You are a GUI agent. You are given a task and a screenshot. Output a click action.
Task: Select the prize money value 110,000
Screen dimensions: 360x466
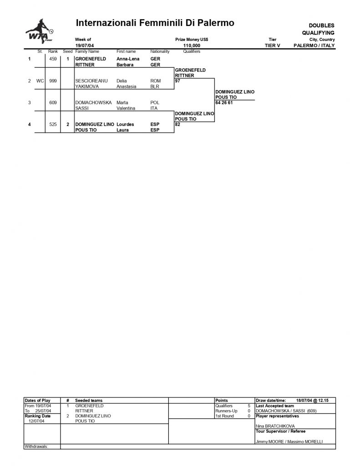click(192, 46)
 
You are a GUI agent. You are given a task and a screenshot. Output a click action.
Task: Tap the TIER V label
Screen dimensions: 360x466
click(272, 46)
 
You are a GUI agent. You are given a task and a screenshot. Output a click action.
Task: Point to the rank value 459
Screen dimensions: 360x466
click(53, 59)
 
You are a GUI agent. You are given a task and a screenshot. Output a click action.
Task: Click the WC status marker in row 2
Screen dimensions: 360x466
click(40, 81)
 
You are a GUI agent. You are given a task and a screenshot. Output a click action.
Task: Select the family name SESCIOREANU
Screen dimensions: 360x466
click(91, 81)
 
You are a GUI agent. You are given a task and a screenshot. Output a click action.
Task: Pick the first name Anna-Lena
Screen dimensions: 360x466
click(128, 59)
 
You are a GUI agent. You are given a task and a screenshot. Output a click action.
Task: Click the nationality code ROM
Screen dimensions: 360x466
click(156, 81)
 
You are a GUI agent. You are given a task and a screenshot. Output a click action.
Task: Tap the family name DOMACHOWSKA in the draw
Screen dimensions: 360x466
click(93, 102)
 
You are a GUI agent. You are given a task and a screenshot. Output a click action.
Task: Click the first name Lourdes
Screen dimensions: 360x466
click(125, 124)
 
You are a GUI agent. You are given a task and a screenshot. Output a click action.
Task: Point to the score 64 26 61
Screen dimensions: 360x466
click(224, 102)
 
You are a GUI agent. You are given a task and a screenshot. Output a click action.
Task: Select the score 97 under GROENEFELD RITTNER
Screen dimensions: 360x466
click(177, 81)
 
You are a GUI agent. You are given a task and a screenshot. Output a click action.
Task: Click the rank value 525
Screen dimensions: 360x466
click(53, 124)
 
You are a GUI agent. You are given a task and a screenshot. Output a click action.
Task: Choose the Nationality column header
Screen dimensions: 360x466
click(160, 51)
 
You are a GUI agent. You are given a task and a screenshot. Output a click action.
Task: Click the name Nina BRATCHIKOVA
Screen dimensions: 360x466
click(275, 426)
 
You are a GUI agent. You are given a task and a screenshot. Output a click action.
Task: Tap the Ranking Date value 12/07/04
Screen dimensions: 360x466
click(36, 421)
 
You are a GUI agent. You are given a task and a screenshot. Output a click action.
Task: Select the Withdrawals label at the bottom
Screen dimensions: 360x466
click(36, 446)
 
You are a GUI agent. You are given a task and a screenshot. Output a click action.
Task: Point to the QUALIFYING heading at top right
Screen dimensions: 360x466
click(318, 33)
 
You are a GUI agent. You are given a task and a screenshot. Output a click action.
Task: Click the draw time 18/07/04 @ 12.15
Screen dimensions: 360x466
click(312, 400)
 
